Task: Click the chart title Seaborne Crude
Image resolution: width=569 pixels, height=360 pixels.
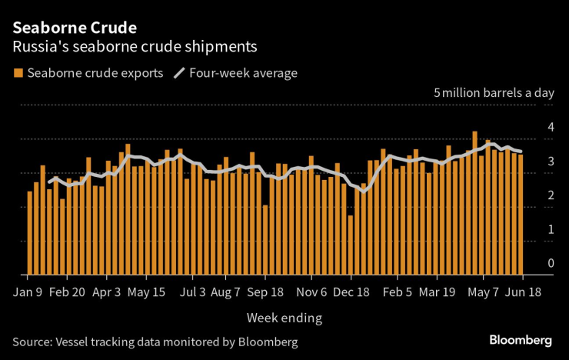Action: tap(74, 28)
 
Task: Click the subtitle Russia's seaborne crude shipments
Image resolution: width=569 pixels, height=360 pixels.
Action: tap(135, 47)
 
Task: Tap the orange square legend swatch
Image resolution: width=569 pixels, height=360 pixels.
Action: tap(17, 73)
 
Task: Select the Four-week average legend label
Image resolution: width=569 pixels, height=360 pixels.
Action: tap(244, 73)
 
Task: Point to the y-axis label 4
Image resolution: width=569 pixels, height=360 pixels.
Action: tap(550, 127)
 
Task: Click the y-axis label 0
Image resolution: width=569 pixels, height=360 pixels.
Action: tap(550, 263)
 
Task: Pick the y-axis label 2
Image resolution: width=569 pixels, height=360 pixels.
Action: tap(550, 195)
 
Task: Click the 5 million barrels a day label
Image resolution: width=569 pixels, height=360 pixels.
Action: tap(494, 93)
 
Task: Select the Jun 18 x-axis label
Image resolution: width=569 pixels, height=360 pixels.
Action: tap(524, 292)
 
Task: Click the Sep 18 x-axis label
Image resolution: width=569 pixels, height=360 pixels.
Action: tap(265, 292)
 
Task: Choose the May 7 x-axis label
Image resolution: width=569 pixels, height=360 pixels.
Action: tap(484, 292)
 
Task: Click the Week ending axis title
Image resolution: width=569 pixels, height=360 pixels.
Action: tap(284, 317)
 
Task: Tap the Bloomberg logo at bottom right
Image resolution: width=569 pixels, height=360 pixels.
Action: tap(521, 340)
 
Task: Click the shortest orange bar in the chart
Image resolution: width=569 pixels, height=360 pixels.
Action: tap(351, 245)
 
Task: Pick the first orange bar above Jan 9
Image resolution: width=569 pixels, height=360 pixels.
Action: tap(30, 233)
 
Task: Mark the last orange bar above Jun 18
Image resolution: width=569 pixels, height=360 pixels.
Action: tap(521, 215)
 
